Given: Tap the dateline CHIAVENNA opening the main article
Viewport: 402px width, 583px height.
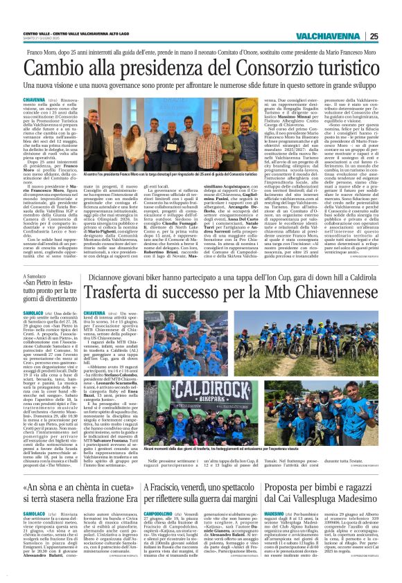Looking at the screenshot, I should pos(34,100).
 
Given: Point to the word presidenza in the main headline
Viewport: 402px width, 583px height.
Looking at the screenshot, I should pos(141,68).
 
